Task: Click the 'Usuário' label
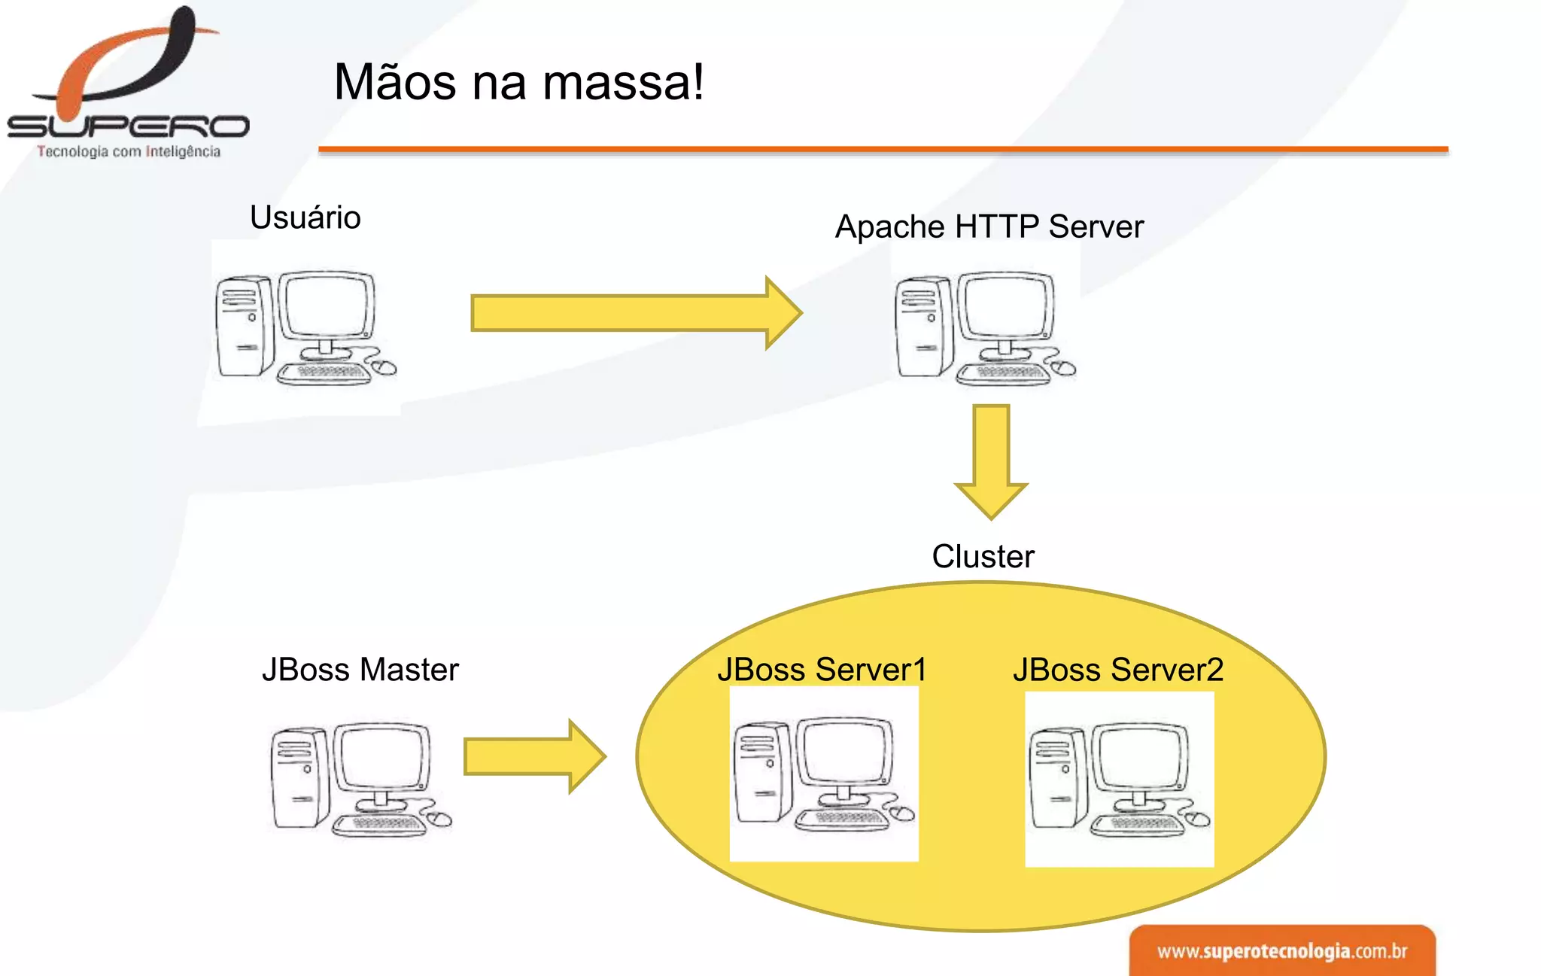[x=305, y=217]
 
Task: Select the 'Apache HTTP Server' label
[x=989, y=227]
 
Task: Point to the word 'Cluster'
[x=983, y=557]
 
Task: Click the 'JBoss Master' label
[x=360, y=670]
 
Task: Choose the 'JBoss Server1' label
[x=822, y=670]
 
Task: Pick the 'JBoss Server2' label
[x=1118, y=670]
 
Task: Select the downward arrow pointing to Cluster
[x=991, y=459]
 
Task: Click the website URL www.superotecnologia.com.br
[x=1281, y=951]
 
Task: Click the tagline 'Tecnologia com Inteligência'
[x=129, y=151]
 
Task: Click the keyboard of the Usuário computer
[x=324, y=372]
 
